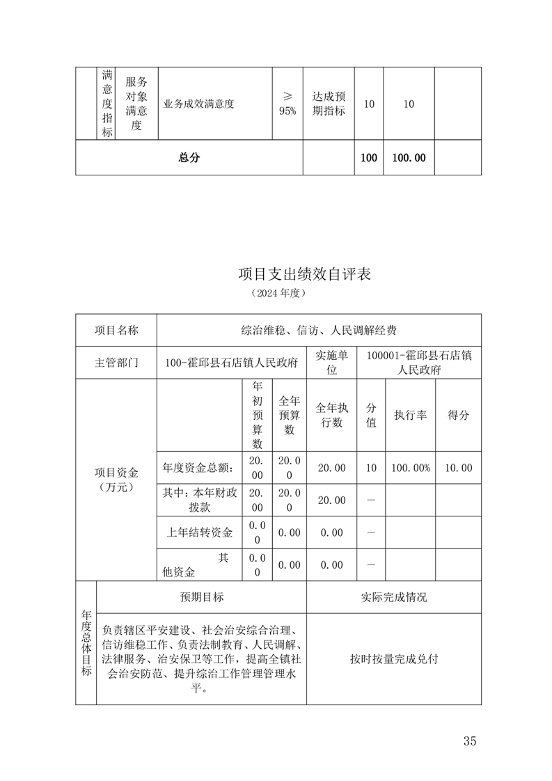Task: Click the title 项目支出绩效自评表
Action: point(304,274)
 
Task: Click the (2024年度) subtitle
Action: point(278,294)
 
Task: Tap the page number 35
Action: point(469,741)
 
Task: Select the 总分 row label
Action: point(189,158)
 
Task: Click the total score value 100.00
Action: point(409,158)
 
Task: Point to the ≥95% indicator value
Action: point(287,104)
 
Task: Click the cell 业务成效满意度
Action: point(199,104)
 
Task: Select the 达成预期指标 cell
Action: point(329,104)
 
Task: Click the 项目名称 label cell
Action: point(116,330)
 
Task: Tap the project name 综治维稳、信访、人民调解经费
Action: point(319,330)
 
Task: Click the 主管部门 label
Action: point(116,363)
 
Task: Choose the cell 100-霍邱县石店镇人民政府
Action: point(232,363)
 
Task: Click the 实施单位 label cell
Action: point(331,363)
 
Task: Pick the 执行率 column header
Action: point(410,415)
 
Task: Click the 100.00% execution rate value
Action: point(410,468)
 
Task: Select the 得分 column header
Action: point(458,415)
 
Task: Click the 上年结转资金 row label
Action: point(199,532)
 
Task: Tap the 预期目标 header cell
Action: point(202,597)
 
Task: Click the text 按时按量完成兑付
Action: point(394,659)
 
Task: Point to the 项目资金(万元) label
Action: point(116,480)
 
